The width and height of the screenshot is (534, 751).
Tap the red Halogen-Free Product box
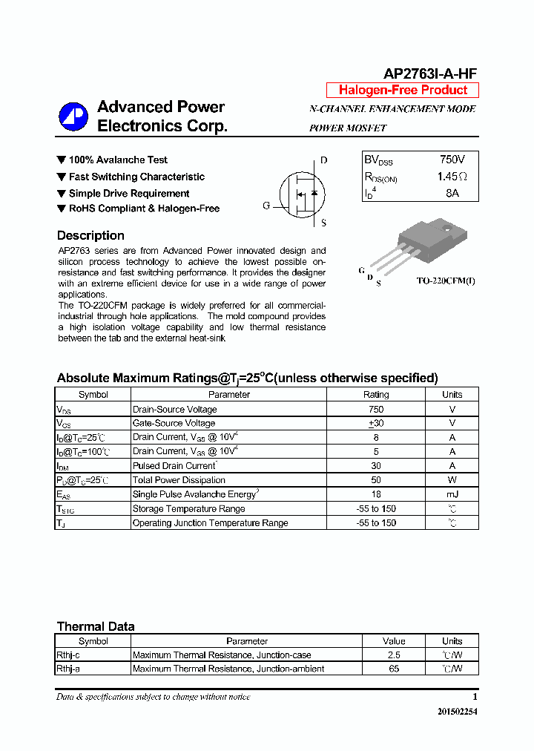(x=403, y=90)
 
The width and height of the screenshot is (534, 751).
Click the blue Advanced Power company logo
(x=73, y=116)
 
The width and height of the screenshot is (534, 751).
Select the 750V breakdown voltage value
(x=452, y=160)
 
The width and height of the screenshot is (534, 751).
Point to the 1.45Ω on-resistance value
(x=452, y=177)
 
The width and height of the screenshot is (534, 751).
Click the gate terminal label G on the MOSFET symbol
(x=266, y=206)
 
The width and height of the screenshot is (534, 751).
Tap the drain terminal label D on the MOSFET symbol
(x=324, y=160)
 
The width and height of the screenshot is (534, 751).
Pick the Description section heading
(x=90, y=235)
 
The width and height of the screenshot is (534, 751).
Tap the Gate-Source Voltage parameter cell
(x=174, y=423)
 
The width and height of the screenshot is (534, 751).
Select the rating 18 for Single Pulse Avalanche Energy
(x=376, y=494)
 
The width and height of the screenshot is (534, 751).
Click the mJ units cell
(x=452, y=494)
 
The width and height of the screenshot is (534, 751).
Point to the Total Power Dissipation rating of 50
(x=376, y=480)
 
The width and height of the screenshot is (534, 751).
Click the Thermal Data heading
(x=96, y=626)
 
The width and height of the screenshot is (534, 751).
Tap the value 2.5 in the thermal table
(x=394, y=655)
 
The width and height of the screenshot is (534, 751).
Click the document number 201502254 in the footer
(x=458, y=712)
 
